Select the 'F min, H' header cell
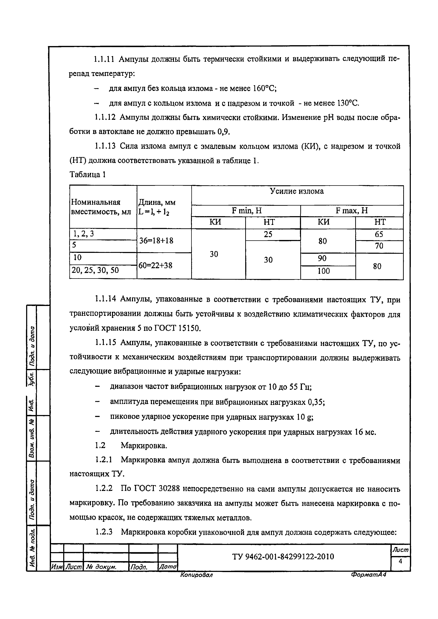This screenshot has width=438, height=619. coord(246,211)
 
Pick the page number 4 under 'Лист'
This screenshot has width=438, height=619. coord(400,561)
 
